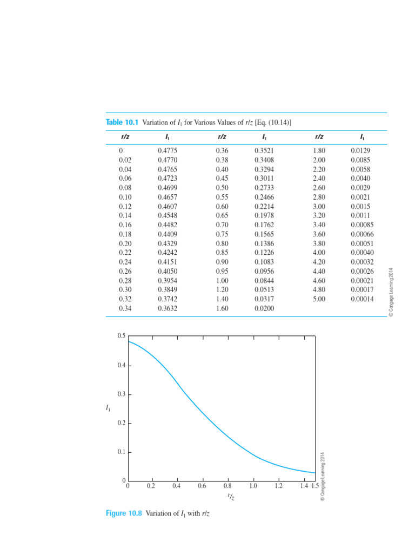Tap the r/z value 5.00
click(319, 299)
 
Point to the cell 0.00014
click(362, 299)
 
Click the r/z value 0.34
click(125, 308)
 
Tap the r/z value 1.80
click(319, 150)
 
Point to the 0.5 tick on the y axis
click(121, 337)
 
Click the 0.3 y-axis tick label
click(121, 394)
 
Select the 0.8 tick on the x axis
click(227, 486)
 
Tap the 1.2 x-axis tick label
click(278, 486)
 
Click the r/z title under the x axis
click(231, 496)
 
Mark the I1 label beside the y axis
click(108, 408)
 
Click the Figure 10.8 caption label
click(124, 513)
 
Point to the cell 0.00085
click(362, 225)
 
